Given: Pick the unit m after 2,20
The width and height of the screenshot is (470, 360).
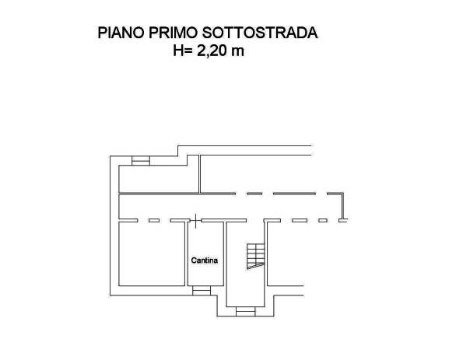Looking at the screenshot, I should [x=239, y=51].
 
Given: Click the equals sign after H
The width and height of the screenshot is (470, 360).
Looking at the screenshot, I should [x=189, y=51].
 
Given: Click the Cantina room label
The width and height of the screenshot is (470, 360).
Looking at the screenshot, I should [x=205, y=260].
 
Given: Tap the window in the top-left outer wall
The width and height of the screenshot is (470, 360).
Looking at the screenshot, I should [x=141, y=162].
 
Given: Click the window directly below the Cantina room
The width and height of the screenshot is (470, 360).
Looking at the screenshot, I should [x=202, y=290].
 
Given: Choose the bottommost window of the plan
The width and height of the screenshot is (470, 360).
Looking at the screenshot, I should [x=245, y=312].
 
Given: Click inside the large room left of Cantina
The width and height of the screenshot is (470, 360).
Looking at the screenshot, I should [x=152, y=253].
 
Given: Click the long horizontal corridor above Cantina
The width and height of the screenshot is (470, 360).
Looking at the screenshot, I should [x=226, y=207].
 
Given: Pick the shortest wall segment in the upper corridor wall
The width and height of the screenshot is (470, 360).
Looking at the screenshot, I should [x=254, y=193].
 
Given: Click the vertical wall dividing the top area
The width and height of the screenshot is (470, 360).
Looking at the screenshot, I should [x=200, y=171].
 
